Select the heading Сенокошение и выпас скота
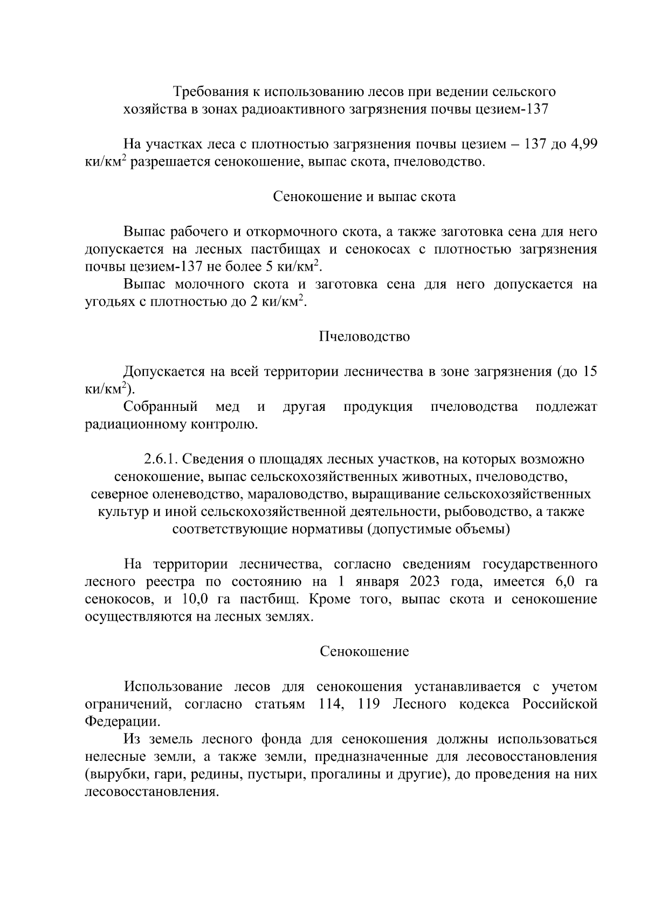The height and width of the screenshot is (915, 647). [x=364, y=197]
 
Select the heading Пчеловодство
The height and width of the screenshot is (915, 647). [x=364, y=337]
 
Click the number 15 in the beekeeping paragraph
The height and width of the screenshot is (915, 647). [x=590, y=371]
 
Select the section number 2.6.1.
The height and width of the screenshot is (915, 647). [x=160, y=459]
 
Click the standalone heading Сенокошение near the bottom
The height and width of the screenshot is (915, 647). [x=364, y=651]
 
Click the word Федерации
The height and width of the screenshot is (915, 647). [x=122, y=721]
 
